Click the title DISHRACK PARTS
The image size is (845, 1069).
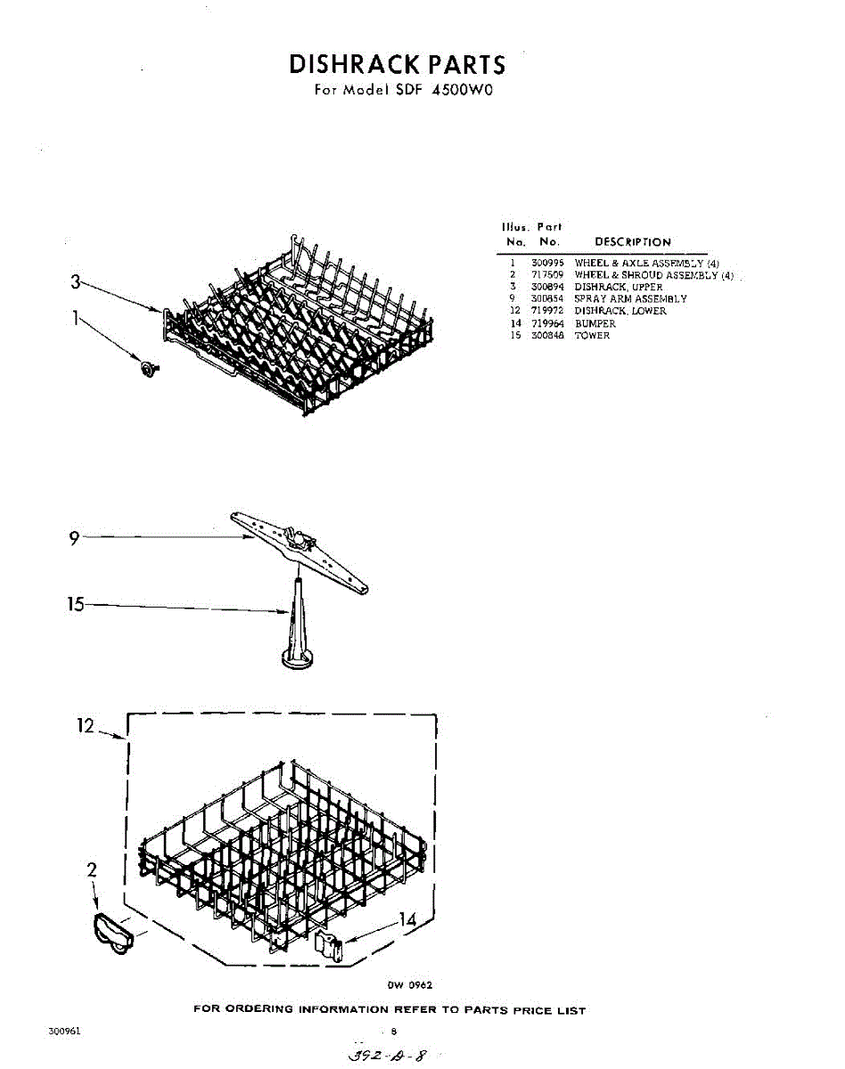click(x=397, y=64)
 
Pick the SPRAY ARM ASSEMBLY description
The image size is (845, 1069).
click(x=630, y=299)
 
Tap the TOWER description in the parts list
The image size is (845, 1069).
click(x=592, y=336)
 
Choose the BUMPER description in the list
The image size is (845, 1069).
click(x=595, y=323)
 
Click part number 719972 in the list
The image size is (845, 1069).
click(x=547, y=311)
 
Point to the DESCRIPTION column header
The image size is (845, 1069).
click(x=632, y=242)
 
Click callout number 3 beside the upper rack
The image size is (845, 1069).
click(x=76, y=282)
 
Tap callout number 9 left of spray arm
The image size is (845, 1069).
click(x=75, y=537)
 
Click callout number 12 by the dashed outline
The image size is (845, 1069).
click(x=86, y=726)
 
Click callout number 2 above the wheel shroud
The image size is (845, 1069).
click(x=92, y=870)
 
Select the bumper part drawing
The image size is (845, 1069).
click(x=329, y=946)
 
